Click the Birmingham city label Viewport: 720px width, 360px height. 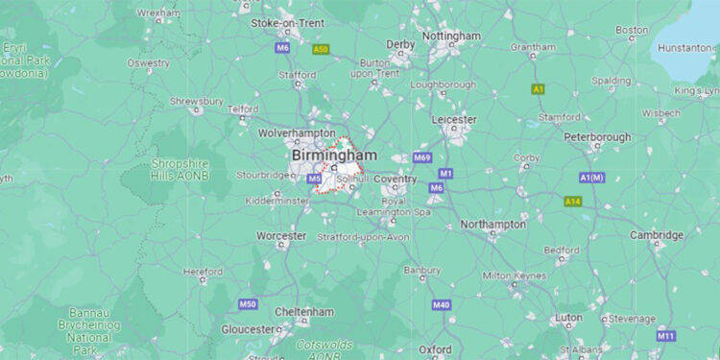[334, 155]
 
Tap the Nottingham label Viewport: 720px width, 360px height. [451, 36]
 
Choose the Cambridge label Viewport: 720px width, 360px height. [657, 235]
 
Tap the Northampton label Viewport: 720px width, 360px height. [493, 225]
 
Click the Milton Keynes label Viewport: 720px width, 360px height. [511, 276]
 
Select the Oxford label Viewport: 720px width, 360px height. [436, 349]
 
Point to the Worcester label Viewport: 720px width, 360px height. [281, 235]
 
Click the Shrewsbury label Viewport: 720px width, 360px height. [197, 101]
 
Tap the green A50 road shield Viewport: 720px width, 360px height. [321, 48]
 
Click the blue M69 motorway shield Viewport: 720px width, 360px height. [422, 156]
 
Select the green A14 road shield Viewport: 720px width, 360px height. [572, 202]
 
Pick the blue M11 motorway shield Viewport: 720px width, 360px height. [665, 336]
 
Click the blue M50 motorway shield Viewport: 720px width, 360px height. [248, 304]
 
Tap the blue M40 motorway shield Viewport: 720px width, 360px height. [442, 305]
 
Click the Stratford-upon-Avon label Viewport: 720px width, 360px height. [364, 237]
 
